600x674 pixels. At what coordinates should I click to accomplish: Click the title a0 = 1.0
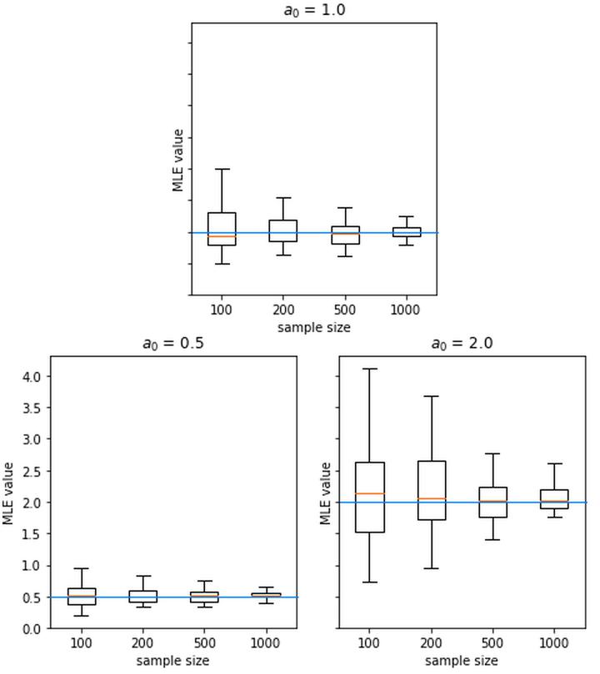coord(313,10)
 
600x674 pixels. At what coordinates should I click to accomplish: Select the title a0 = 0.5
coord(172,344)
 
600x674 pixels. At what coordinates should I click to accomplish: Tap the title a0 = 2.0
coord(462,344)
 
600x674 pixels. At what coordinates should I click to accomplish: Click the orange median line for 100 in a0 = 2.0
coord(370,493)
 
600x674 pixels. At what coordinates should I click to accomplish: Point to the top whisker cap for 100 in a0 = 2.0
coord(370,369)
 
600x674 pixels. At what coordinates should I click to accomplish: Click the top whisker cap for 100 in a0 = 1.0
coord(222,169)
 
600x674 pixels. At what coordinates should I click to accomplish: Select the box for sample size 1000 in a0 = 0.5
coord(266,595)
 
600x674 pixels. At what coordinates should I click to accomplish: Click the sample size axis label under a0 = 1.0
coord(313,328)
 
